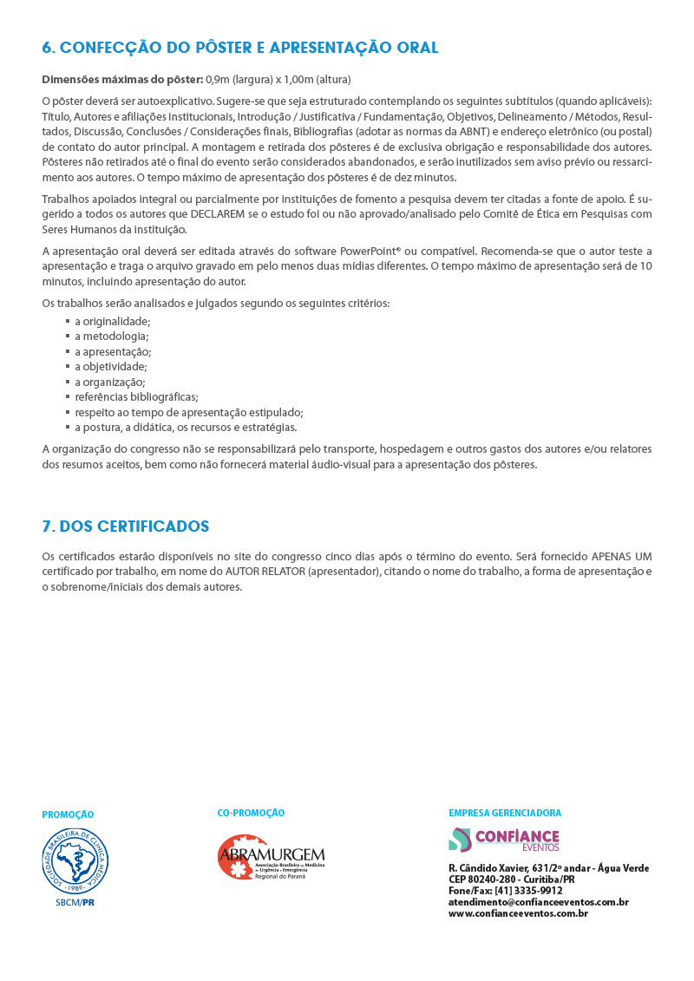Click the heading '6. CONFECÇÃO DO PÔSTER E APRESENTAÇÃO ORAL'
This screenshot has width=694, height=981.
pos(240,48)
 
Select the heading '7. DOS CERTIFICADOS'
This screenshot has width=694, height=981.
pos(126,526)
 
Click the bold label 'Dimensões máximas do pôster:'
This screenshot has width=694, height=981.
pos(122,80)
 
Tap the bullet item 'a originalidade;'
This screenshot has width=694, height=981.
pos(112,321)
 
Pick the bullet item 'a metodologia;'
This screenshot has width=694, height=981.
pos(111,336)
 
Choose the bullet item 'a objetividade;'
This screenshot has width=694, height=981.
pos(110,367)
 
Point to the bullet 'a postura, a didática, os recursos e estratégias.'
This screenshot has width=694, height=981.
pos(186,428)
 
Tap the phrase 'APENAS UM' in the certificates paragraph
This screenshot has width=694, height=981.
pos(621,556)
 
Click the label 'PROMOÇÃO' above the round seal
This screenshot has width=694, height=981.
pos(68,815)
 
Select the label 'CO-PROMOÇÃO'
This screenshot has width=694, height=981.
pos(251,813)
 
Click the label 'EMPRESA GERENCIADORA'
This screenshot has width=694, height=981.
pos(505,813)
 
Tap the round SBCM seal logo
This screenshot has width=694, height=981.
pos(76,860)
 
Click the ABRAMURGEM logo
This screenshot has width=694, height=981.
pos(271,858)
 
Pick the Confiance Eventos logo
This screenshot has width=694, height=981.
pos(504,840)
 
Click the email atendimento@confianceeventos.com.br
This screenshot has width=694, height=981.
pos(538,902)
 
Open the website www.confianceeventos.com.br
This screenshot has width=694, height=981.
pos(518,913)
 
